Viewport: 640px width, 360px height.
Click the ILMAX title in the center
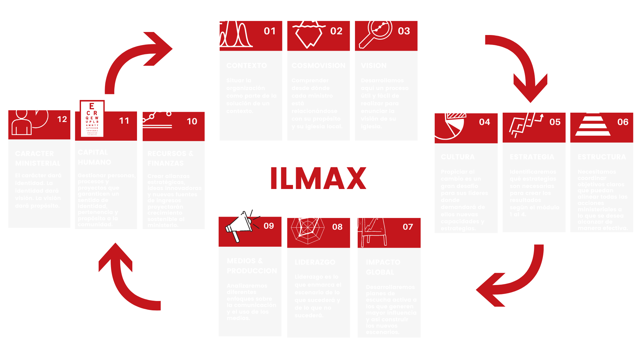(x=318, y=178)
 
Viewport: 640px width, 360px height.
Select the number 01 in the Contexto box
(x=270, y=31)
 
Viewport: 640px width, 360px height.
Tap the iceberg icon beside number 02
(x=308, y=32)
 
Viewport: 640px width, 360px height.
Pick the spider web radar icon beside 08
(x=307, y=227)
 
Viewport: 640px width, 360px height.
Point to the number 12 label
(x=62, y=119)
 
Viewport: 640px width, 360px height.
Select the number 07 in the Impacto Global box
(x=408, y=227)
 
